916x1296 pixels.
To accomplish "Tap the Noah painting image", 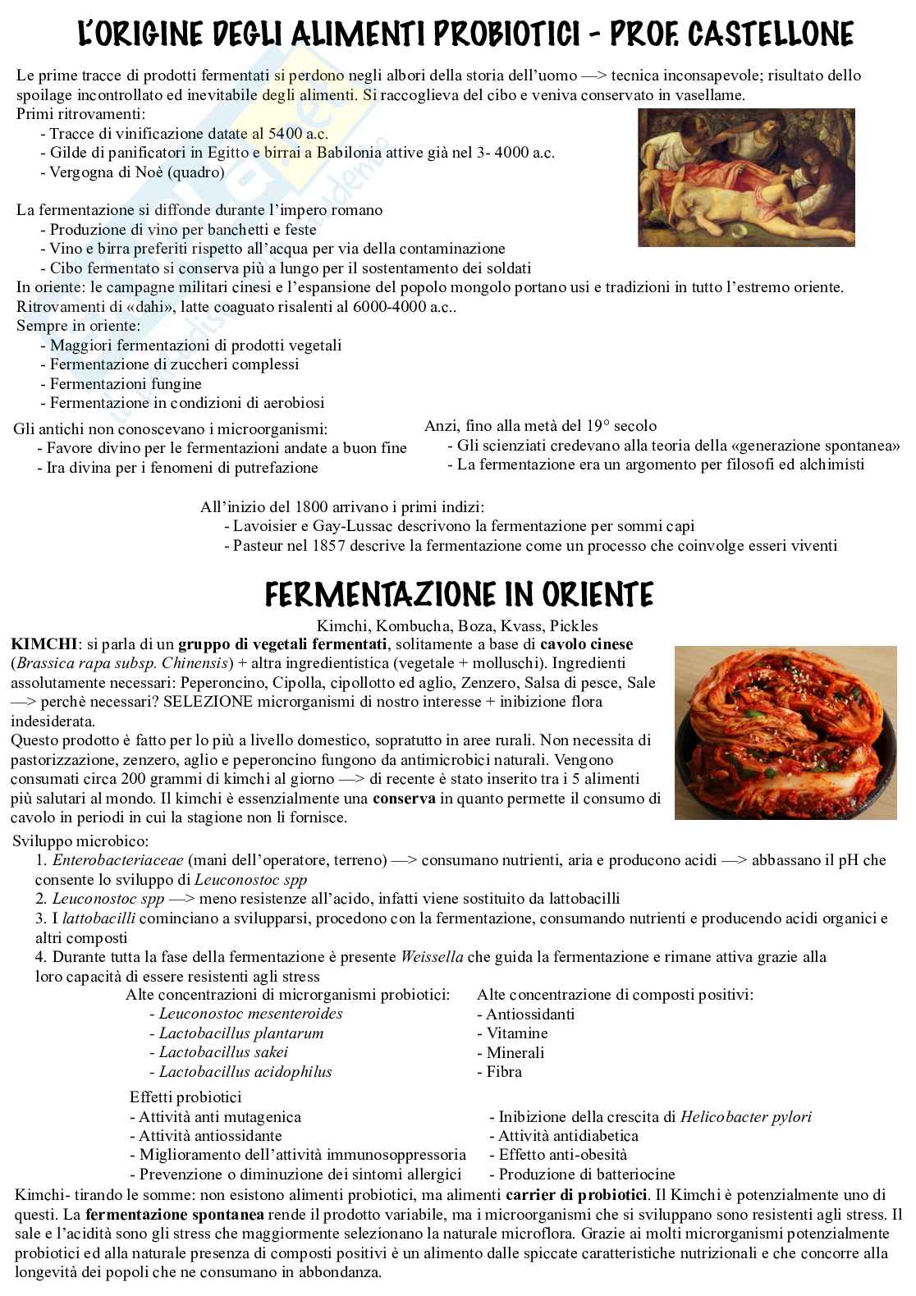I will (746, 177).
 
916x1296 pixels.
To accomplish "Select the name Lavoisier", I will (267, 526).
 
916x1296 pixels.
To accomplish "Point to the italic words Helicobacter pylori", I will (745, 1116).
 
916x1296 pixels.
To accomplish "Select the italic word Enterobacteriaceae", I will (118, 860).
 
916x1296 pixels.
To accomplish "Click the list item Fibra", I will (503, 1072).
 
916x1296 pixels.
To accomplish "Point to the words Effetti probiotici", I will (185, 1097).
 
